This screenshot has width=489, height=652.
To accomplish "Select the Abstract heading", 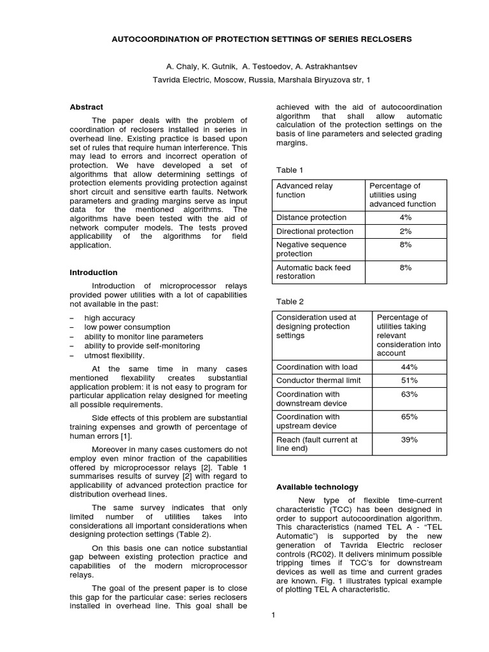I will (86, 107).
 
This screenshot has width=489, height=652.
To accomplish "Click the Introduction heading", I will (93, 273).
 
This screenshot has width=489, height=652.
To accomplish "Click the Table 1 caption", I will (290, 170).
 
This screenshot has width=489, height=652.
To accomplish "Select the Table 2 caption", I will (290, 302).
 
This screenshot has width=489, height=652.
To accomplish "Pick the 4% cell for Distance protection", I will (406, 217).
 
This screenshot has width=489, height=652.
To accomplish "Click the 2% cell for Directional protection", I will (406, 231).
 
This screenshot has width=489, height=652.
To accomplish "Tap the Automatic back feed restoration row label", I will (313, 272).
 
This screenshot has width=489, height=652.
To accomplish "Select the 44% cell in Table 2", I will (409, 367).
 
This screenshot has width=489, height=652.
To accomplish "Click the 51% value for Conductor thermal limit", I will (409, 380).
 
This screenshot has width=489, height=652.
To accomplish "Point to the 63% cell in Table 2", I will (409, 394).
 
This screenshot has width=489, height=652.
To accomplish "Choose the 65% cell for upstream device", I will (409, 416).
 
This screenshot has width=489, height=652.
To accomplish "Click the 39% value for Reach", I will (409, 439).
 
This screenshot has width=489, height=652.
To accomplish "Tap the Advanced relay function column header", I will (304, 190).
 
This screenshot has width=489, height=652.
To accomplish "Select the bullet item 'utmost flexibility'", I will (114, 355).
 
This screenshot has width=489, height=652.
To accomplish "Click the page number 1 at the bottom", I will (272, 615).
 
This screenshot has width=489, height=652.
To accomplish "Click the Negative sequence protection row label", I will (311, 249).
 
